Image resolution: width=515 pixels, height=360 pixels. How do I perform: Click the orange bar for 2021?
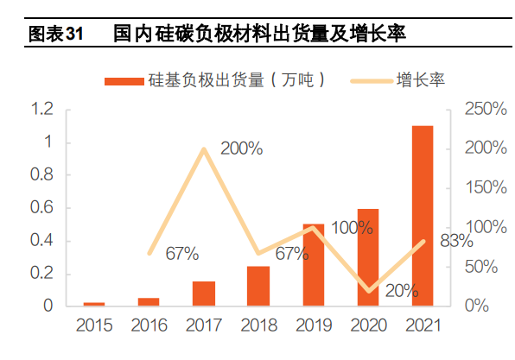423,216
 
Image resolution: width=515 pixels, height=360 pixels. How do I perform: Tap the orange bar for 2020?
368,257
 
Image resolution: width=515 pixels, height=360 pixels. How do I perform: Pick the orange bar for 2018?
258,286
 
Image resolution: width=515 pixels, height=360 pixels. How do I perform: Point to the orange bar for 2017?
204,294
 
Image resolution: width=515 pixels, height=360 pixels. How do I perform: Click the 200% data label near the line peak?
241,148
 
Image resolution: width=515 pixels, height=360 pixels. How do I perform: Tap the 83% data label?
456,241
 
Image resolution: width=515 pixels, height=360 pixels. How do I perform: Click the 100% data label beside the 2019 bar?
352,228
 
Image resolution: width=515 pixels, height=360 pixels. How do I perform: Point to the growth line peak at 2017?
204,149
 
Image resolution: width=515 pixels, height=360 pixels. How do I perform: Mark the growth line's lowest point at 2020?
368,291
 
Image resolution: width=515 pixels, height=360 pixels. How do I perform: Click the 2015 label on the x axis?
94,325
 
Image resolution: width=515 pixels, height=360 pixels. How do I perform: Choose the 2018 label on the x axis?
258,325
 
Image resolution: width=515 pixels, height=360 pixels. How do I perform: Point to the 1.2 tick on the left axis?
41,109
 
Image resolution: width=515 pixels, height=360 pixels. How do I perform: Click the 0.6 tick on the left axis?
41,207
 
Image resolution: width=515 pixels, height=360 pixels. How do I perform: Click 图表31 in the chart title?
55,35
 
